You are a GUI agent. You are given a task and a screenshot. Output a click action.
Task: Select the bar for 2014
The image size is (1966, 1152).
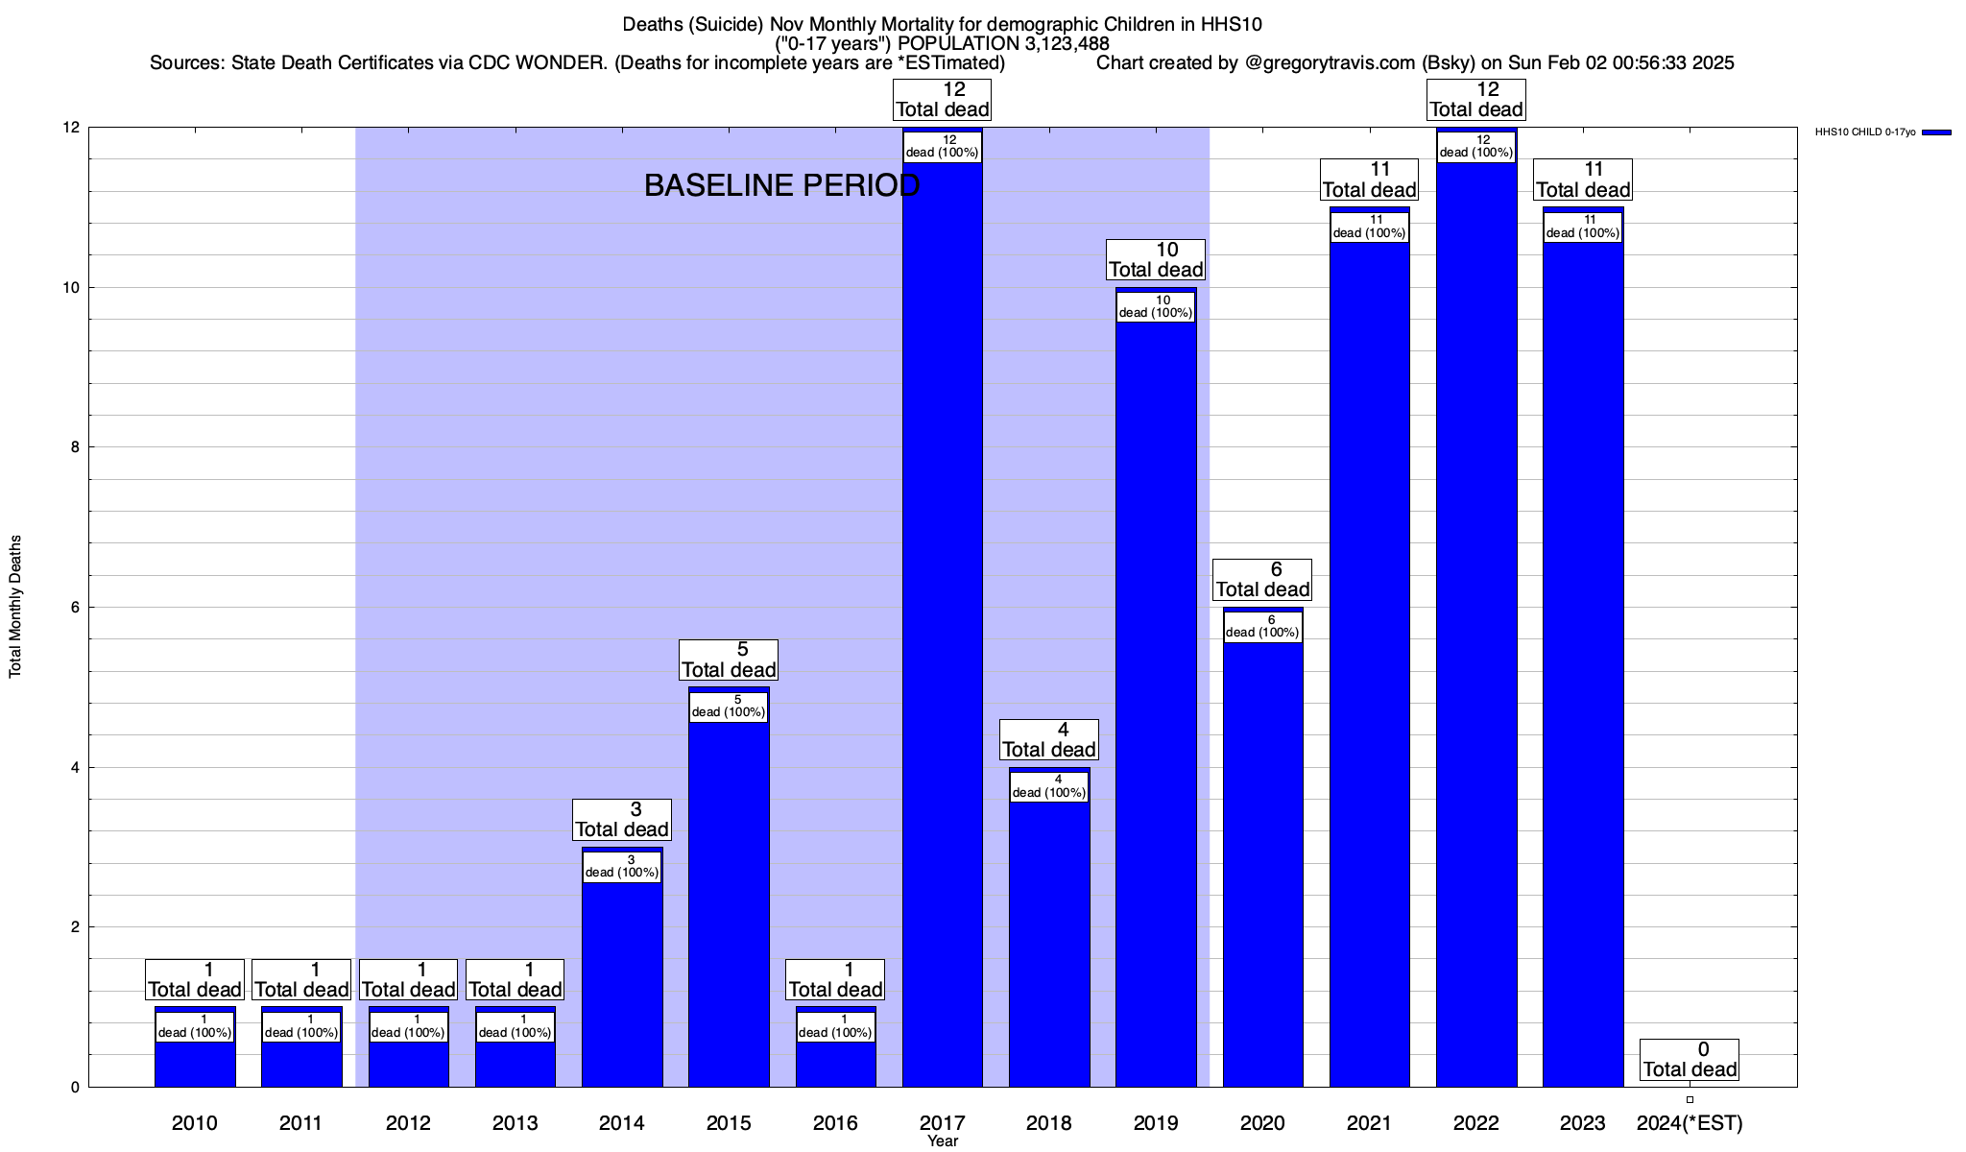(622, 979)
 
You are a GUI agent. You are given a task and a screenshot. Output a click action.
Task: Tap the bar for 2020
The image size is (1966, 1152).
(1263, 864)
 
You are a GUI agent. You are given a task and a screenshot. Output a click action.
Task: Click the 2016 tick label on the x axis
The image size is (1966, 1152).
(835, 1122)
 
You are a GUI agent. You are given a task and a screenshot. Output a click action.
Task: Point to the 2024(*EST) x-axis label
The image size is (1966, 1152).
(1690, 1122)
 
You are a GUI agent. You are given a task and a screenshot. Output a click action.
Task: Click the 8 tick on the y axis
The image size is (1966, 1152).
(73, 447)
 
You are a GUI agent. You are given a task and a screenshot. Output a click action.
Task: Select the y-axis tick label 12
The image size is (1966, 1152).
(69, 128)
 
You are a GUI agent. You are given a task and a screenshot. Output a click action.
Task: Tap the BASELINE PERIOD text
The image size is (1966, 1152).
(781, 185)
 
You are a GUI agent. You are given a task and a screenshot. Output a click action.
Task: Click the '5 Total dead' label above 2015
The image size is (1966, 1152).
(729, 660)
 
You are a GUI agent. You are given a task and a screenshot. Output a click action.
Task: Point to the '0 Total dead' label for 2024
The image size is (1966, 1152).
(1690, 1060)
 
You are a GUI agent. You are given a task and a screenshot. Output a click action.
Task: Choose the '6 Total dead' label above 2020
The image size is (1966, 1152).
(1263, 580)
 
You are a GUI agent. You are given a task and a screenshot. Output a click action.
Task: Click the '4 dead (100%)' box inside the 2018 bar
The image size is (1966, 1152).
(1049, 786)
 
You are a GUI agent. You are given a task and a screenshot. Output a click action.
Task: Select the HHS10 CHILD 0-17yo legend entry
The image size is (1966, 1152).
(1882, 132)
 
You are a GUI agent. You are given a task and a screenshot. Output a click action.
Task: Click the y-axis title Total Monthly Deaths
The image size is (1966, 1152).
(15, 607)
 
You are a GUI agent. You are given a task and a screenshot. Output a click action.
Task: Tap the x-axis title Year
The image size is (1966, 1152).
(943, 1141)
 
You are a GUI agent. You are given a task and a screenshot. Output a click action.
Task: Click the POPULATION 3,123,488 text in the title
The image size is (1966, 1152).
(1003, 43)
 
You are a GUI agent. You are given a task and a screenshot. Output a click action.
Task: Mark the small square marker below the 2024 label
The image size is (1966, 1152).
(1690, 1100)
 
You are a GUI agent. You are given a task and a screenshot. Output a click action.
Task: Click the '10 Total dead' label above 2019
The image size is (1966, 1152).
(1156, 260)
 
